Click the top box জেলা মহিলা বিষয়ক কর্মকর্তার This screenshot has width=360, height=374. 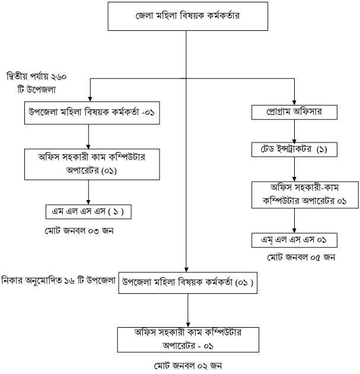(187, 16)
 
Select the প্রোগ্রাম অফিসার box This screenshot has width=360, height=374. (294, 110)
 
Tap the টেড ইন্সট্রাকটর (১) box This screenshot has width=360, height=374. (295, 148)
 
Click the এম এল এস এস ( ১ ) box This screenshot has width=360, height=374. (88, 212)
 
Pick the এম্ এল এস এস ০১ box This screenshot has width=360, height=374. (295, 240)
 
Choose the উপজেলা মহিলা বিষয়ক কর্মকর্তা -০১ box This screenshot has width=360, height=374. (88, 111)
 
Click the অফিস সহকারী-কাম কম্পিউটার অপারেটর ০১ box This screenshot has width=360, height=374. (295, 194)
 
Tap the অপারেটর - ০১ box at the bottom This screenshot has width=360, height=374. (187, 338)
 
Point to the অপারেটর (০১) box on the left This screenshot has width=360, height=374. (88, 163)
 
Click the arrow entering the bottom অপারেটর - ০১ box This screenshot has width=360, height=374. (187, 310)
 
